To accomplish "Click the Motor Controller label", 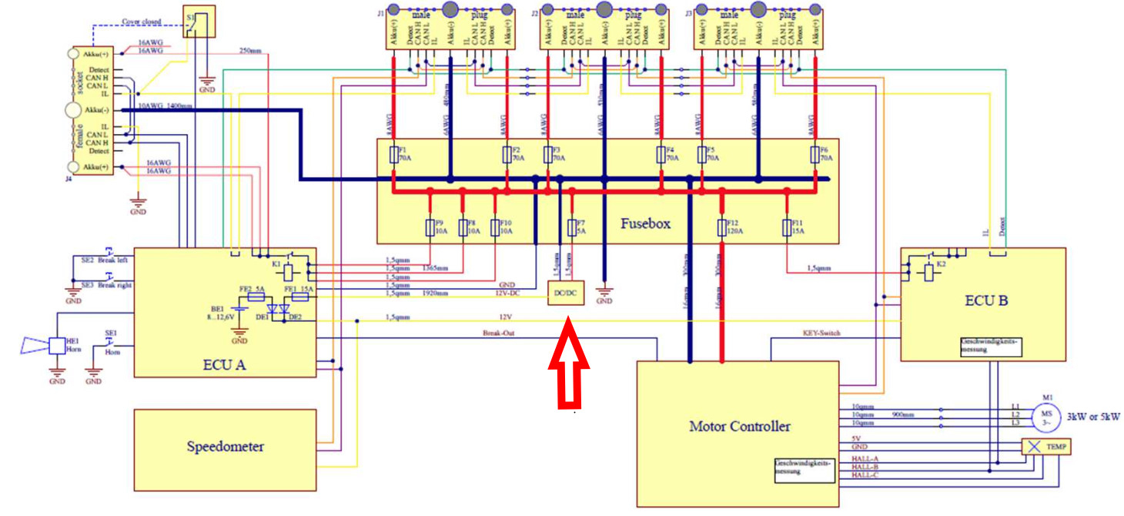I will click(x=739, y=426).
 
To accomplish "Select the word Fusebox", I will click(x=645, y=224).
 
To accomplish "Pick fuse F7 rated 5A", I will click(x=571, y=227).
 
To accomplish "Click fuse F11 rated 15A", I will click(x=786, y=227).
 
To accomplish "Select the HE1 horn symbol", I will click(x=57, y=346).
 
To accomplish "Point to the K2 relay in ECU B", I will click(x=929, y=270).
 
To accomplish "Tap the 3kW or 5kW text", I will click(x=1092, y=416).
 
